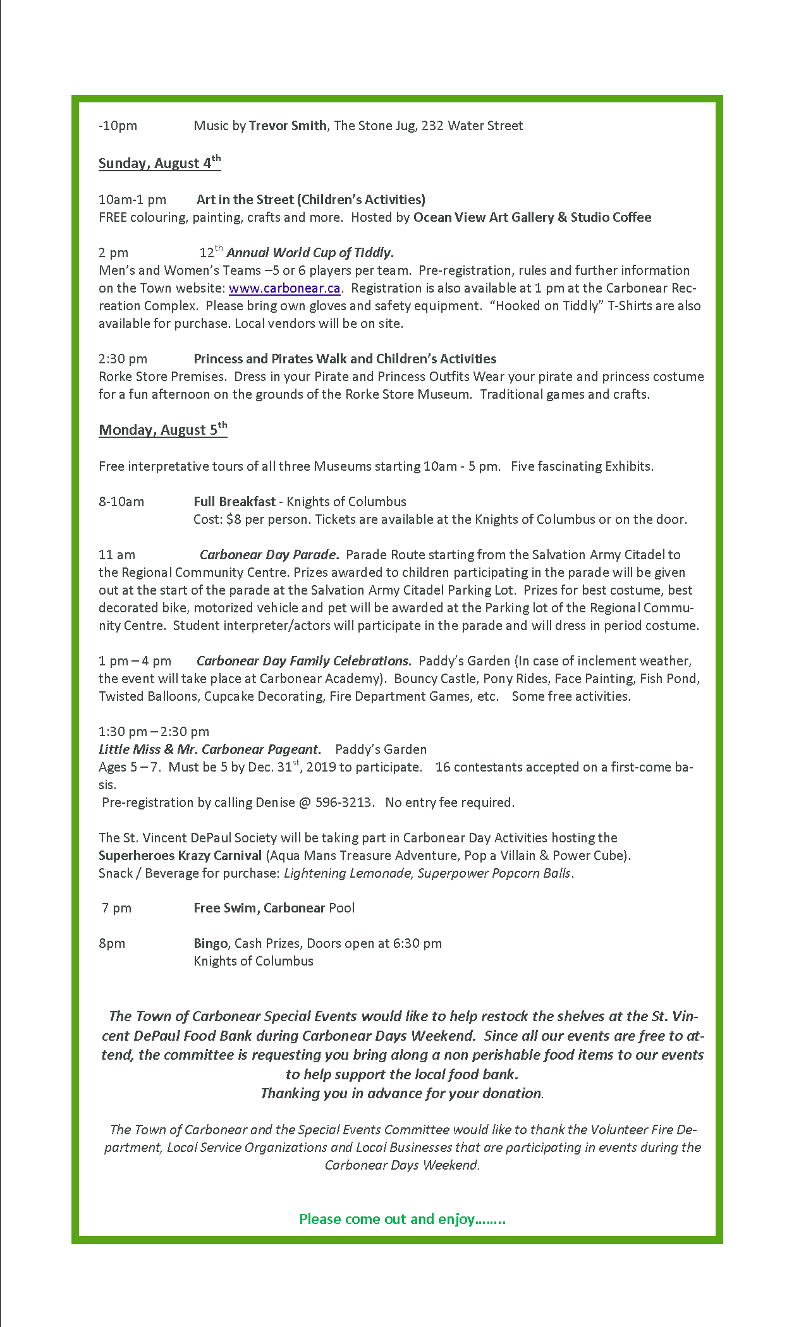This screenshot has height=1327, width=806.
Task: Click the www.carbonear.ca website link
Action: tap(284, 288)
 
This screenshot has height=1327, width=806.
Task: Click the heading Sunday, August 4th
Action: tap(159, 163)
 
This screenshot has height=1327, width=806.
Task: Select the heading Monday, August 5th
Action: tap(162, 430)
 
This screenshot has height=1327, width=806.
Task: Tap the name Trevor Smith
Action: tap(288, 126)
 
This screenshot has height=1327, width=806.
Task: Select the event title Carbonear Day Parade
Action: tap(269, 555)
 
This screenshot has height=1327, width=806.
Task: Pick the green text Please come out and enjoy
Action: tap(402, 1219)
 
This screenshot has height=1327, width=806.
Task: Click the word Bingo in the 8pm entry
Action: tap(211, 943)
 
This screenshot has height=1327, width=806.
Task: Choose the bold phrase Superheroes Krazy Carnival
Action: tap(180, 856)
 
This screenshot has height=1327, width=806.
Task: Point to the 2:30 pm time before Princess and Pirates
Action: tap(123, 359)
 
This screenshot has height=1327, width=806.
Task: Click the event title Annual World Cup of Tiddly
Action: tap(310, 253)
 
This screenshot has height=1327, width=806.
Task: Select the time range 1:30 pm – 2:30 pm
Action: tap(154, 732)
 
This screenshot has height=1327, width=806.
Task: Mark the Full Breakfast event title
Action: tap(235, 502)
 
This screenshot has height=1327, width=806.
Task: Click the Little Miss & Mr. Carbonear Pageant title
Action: tap(209, 749)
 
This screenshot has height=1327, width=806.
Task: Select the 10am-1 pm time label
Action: tap(132, 200)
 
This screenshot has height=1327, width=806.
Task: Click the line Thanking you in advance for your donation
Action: tap(401, 1093)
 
